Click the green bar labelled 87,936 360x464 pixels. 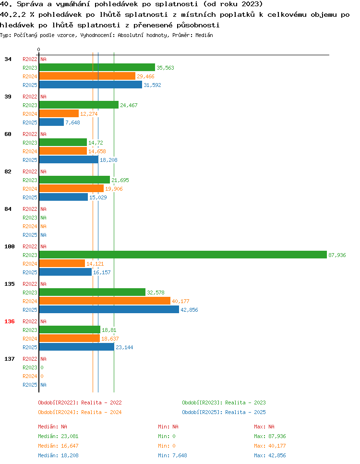click(183, 255)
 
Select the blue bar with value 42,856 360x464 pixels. click(109, 309)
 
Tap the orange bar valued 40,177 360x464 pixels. click(105, 301)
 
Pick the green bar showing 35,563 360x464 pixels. click(97, 67)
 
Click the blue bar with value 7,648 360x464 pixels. click(51, 122)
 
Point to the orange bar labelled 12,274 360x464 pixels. click(59, 114)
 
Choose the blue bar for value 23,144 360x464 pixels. click(77, 347)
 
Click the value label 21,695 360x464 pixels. click(120, 180)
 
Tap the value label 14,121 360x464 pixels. click(95, 264)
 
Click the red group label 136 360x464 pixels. click(10, 321)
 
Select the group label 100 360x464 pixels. click(10, 246)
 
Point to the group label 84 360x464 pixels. click(8, 209)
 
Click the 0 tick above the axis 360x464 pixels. click(39, 49)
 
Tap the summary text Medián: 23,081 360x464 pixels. click(58, 436)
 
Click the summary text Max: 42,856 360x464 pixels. click(270, 455)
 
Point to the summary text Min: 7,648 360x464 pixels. click(172, 455)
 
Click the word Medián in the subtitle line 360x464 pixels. click(204, 35)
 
